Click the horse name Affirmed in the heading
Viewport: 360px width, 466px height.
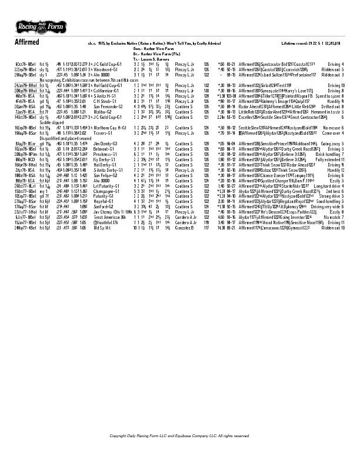27,43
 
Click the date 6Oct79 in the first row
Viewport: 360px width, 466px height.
22,64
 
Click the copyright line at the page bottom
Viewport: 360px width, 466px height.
179,435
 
